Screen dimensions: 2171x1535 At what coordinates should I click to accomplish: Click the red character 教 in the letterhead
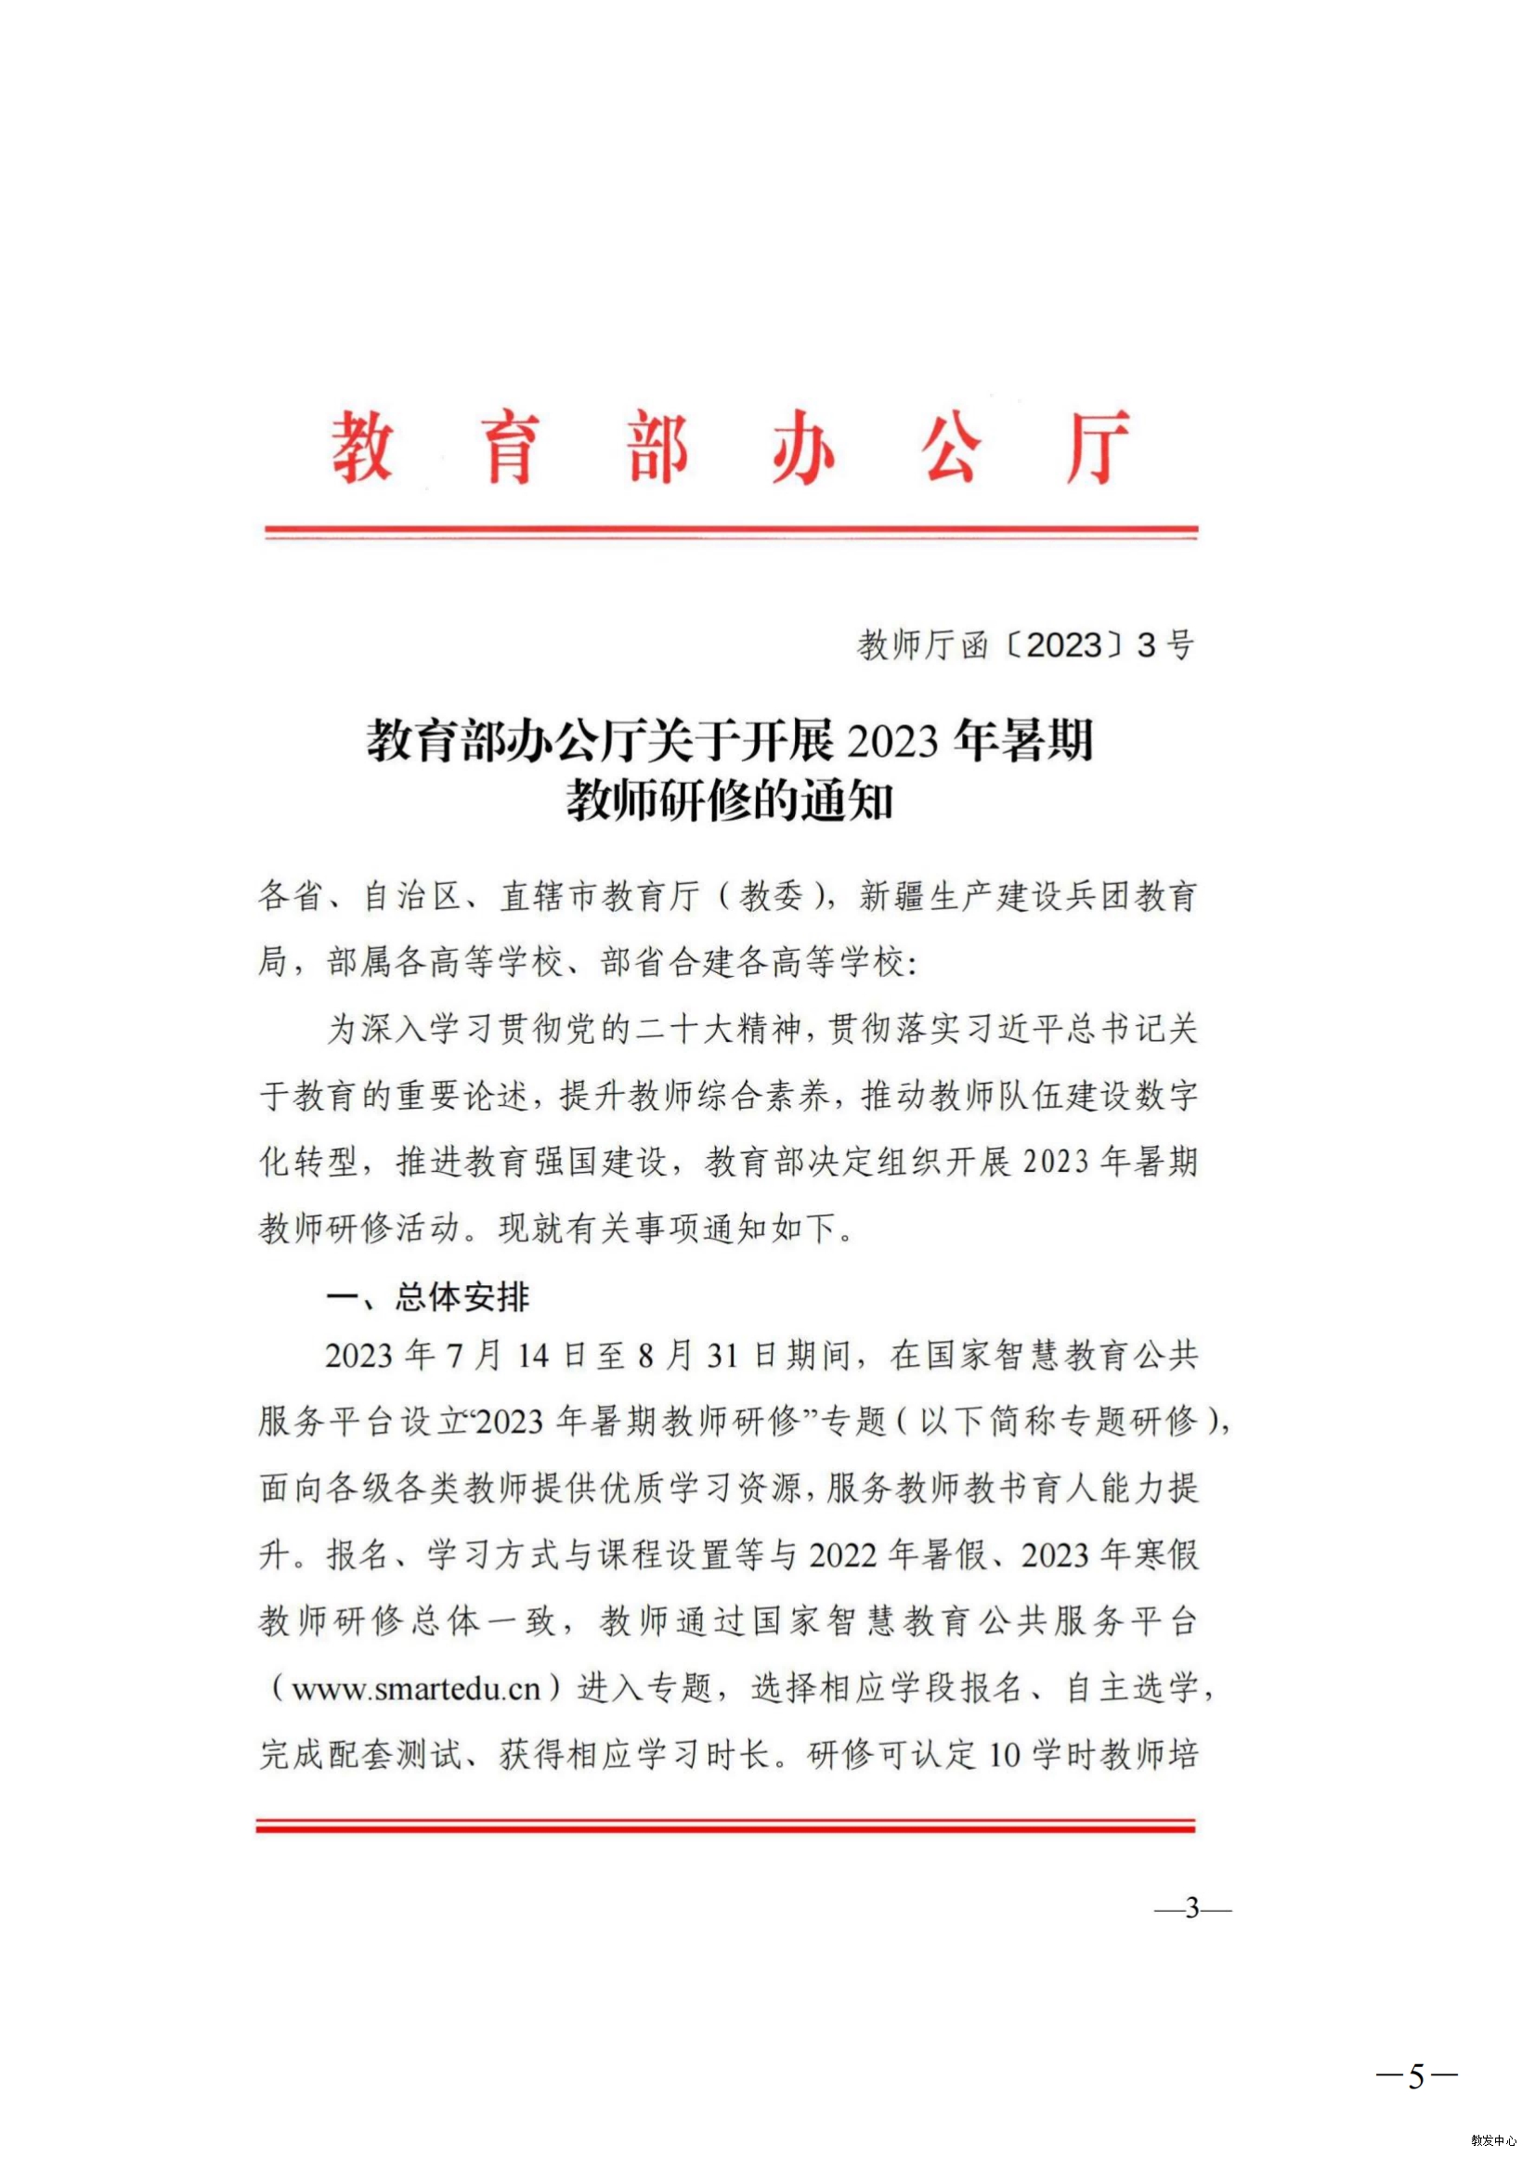tap(361, 448)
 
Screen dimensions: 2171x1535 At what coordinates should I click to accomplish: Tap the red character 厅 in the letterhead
tap(1096, 448)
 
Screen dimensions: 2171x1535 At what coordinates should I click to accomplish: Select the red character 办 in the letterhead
tap(803, 448)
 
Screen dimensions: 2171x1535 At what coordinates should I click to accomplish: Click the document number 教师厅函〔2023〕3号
tap(1025, 644)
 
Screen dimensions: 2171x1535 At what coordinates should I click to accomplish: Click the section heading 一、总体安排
tap(427, 1296)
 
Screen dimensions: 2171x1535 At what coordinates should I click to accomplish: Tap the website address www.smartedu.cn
tap(415, 1689)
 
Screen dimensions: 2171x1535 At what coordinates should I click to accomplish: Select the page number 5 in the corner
tap(1416, 2076)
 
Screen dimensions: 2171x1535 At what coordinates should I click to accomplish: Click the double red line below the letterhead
tap(730, 532)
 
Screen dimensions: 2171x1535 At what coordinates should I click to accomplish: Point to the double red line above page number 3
tap(725, 1826)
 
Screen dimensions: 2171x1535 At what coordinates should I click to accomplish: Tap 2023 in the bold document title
tap(891, 739)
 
